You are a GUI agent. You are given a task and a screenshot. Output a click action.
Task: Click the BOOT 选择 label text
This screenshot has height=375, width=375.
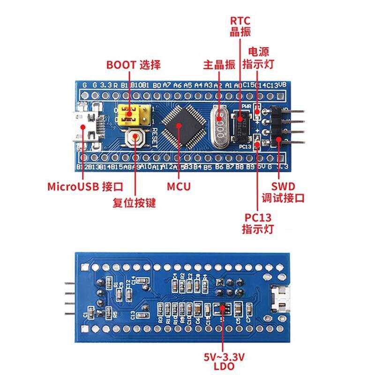pyautogui.click(x=133, y=65)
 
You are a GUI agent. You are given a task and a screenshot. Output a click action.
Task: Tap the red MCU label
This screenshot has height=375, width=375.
pyautogui.click(x=179, y=186)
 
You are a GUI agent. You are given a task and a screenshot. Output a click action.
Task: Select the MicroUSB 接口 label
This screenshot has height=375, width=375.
pyautogui.click(x=85, y=186)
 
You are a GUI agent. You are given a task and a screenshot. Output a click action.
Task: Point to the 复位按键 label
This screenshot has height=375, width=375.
pyautogui.click(x=134, y=203)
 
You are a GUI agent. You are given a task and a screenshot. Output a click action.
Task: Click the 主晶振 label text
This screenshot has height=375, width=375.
pyautogui.click(x=219, y=65)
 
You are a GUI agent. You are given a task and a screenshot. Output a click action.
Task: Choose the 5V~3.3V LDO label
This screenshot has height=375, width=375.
pyautogui.click(x=224, y=362)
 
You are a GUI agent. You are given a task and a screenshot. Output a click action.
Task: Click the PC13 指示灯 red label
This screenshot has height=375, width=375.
pyautogui.click(x=258, y=223)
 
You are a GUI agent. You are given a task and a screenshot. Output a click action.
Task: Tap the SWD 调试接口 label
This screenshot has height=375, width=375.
pyautogui.click(x=283, y=192)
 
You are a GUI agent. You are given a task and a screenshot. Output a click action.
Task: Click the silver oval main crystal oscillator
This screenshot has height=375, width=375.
pyautogui.click(x=219, y=126)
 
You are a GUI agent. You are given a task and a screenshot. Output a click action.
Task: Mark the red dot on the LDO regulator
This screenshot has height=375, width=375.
pyautogui.click(x=221, y=310)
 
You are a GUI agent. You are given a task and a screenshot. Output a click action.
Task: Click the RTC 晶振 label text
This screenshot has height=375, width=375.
pyautogui.click(x=240, y=27)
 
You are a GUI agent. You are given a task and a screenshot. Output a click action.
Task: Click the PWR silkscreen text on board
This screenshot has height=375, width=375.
pyautogui.click(x=247, y=106)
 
